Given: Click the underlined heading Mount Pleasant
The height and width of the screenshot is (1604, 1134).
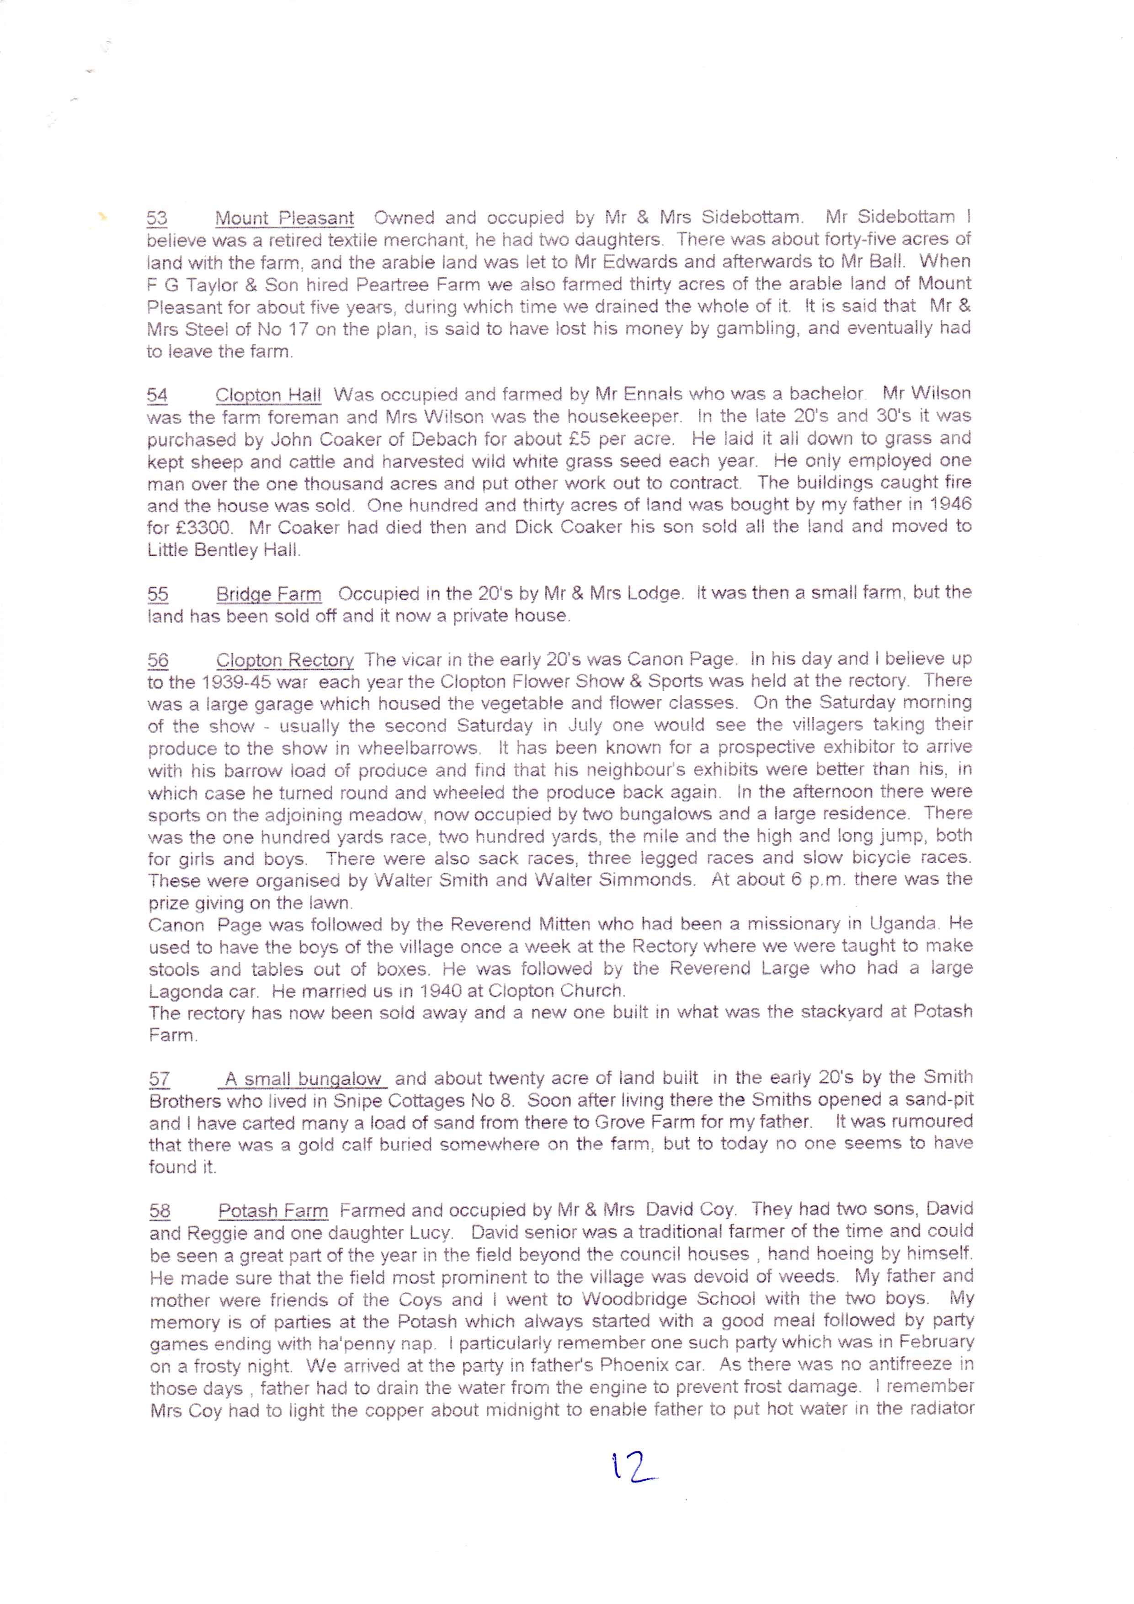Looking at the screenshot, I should pyautogui.click(x=284, y=218).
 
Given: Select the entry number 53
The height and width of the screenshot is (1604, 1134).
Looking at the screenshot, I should pyautogui.click(x=156, y=218).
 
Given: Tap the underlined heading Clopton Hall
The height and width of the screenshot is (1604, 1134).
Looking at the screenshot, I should pyautogui.click(x=267, y=395).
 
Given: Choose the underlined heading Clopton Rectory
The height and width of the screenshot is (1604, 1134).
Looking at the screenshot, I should pyautogui.click(x=284, y=660).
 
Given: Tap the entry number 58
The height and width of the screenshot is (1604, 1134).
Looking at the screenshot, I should pyautogui.click(x=160, y=1211).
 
